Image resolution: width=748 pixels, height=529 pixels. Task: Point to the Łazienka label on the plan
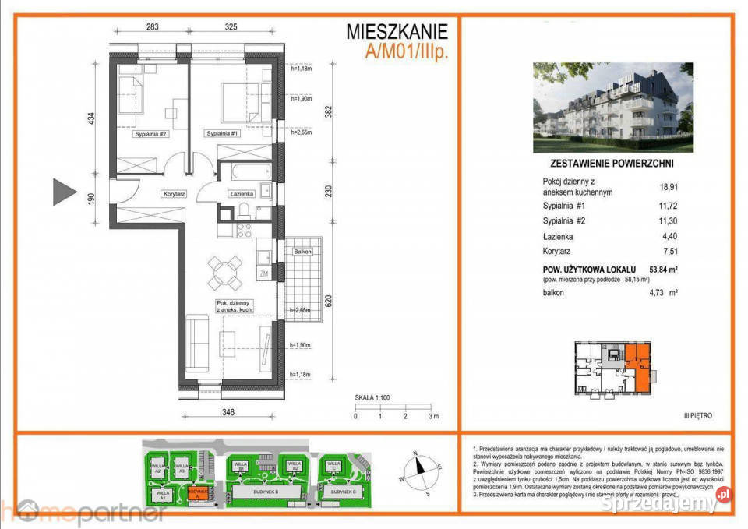[239, 193]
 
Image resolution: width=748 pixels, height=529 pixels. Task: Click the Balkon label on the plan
[303, 252]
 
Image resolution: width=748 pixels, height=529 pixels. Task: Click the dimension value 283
[152, 26]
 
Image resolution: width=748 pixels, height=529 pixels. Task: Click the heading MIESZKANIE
[397, 32]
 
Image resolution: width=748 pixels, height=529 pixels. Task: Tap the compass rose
[419, 470]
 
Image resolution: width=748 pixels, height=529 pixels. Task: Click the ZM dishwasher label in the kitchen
[264, 273]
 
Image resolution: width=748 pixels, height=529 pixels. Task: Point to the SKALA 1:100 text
[372, 397]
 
